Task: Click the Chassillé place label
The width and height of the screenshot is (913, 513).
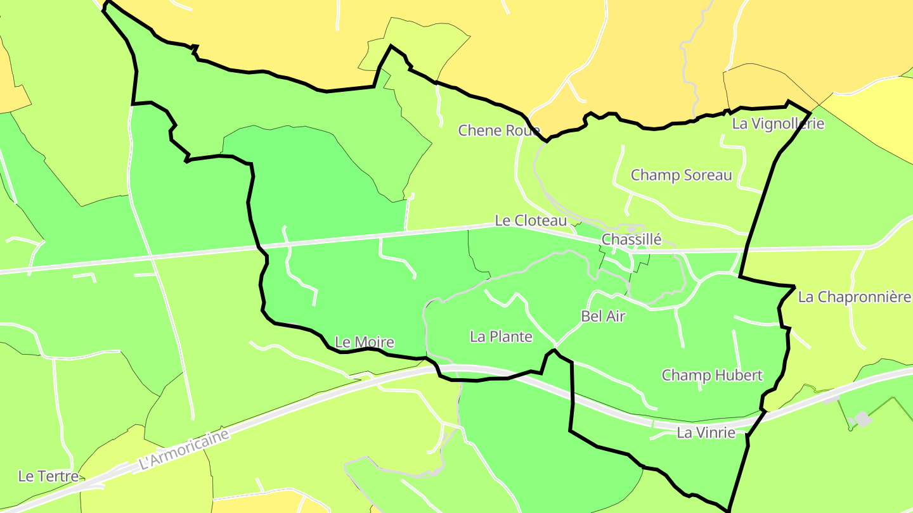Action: click(x=631, y=239)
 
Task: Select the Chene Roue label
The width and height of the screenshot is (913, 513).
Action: click(x=499, y=130)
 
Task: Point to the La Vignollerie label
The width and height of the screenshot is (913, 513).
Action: click(x=778, y=123)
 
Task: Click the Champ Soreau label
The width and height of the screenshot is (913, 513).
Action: click(x=681, y=175)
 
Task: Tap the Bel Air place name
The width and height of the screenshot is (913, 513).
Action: click(x=603, y=317)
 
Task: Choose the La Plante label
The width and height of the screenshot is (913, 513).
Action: click(x=501, y=337)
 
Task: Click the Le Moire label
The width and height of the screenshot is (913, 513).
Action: click(x=364, y=343)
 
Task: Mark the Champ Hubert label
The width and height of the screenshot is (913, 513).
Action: click(x=712, y=375)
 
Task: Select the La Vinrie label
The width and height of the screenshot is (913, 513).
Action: click(x=706, y=433)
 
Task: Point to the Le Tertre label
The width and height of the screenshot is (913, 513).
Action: click(x=48, y=476)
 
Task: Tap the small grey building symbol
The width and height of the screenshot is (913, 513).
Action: click(x=862, y=419)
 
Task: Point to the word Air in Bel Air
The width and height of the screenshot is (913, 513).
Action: click(x=615, y=317)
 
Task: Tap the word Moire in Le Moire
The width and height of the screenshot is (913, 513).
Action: click(x=373, y=343)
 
